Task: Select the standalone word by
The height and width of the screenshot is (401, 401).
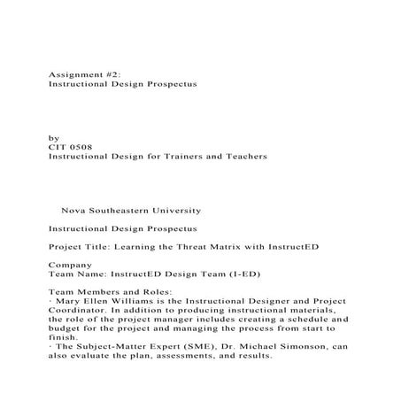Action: click(x=54, y=138)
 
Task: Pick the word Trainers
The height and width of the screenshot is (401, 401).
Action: click(x=177, y=156)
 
